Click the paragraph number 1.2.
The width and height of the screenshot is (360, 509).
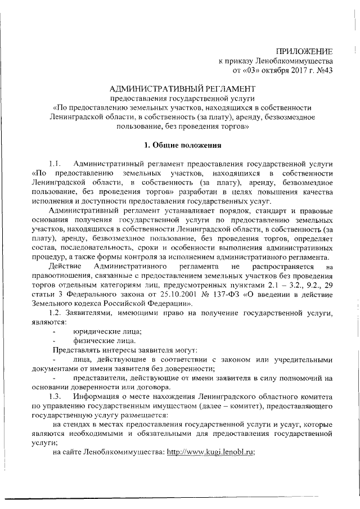click(x=58, y=312)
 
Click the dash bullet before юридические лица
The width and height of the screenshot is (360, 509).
click(x=55, y=331)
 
